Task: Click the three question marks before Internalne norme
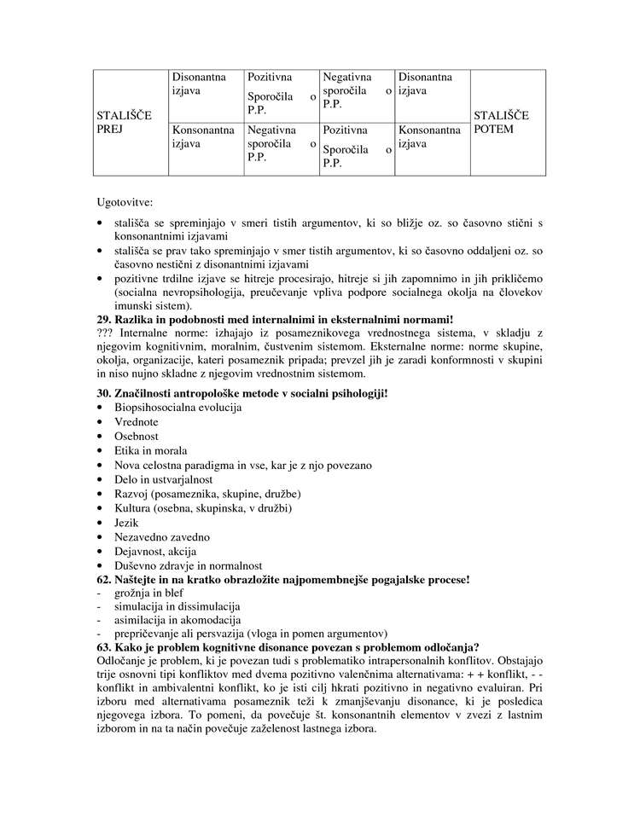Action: coord(108,331)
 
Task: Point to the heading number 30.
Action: coord(106,393)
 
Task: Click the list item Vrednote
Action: coord(136,421)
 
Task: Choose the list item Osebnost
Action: coord(136,436)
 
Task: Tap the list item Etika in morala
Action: coord(150,450)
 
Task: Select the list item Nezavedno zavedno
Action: coord(161,536)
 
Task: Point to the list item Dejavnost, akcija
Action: coord(154,551)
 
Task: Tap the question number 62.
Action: coord(106,579)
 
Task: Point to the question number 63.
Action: coord(106,646)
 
